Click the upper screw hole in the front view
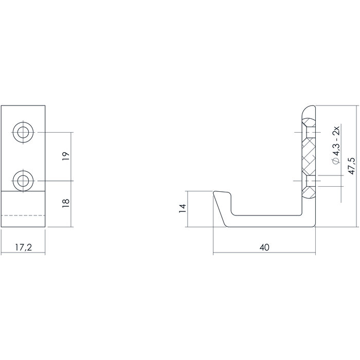pos(23,133)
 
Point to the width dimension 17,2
pos(23,247)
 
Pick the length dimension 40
pos(264,247)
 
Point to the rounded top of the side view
pos(308,109)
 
